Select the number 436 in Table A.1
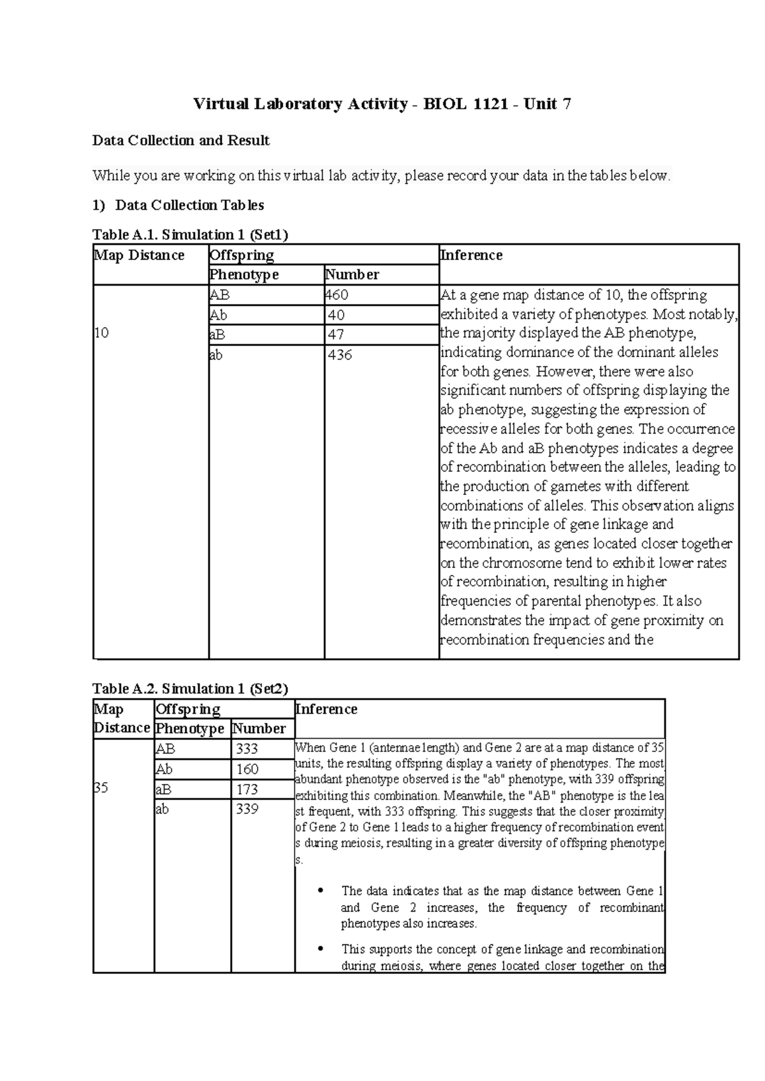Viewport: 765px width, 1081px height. [x=340, y=355]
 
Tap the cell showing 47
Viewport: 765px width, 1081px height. [x=336, y=335]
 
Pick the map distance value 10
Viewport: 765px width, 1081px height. [x=101, y=333]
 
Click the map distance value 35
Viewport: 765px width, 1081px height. [x=101, y=788]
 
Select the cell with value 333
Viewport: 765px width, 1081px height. [x=247, y=749]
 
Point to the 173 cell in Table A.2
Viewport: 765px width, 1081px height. [x=247, y=789]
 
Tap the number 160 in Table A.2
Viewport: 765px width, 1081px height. [x=247, y=769]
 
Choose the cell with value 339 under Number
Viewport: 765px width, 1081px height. [x=247, y=809]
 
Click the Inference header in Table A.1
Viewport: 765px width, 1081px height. [x=471, y=256]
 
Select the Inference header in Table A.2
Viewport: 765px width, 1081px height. [x=326, y=709]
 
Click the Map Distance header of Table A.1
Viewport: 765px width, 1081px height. [x=139, y=256]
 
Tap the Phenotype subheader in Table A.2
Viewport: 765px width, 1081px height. [x=190, y=729]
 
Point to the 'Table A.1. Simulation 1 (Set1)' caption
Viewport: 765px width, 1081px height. [x=190, y=235]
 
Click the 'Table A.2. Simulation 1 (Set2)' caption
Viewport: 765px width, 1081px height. [x=190, y=688]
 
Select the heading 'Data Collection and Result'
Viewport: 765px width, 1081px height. [x=181, y=140]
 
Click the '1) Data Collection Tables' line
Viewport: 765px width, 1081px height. [x=178, y=205]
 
